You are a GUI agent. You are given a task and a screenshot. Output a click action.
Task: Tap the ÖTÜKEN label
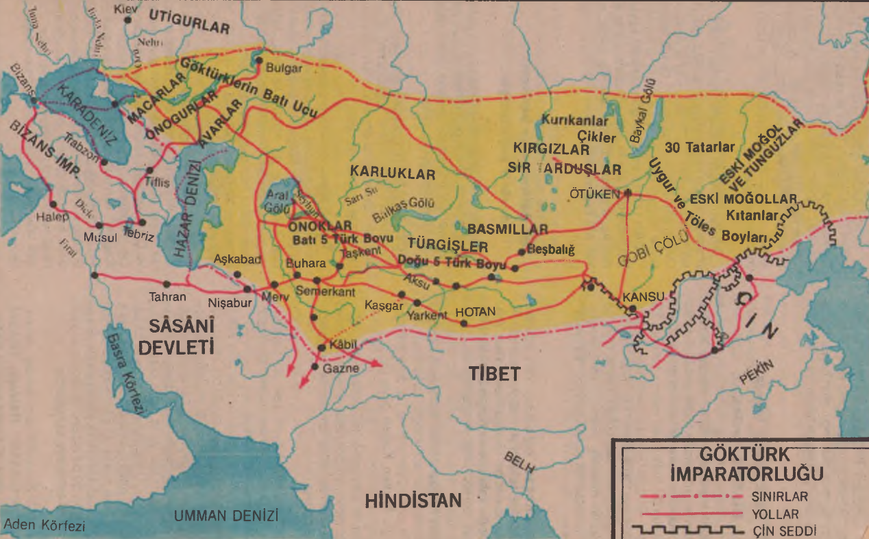pos(593,194)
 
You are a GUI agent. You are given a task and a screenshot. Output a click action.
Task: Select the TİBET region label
pos(495,374)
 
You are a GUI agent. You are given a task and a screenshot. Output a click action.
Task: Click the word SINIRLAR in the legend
pos(780,495)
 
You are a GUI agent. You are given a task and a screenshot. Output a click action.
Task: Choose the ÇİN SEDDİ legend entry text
pos(784,530)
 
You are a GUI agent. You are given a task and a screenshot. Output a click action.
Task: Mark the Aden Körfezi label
pos(44,526)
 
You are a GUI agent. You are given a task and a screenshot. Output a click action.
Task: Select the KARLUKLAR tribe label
pos(393,174)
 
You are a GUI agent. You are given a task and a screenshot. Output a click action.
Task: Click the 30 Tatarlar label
pos(700,147)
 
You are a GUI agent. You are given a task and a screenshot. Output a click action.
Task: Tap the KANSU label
pos(644,297)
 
